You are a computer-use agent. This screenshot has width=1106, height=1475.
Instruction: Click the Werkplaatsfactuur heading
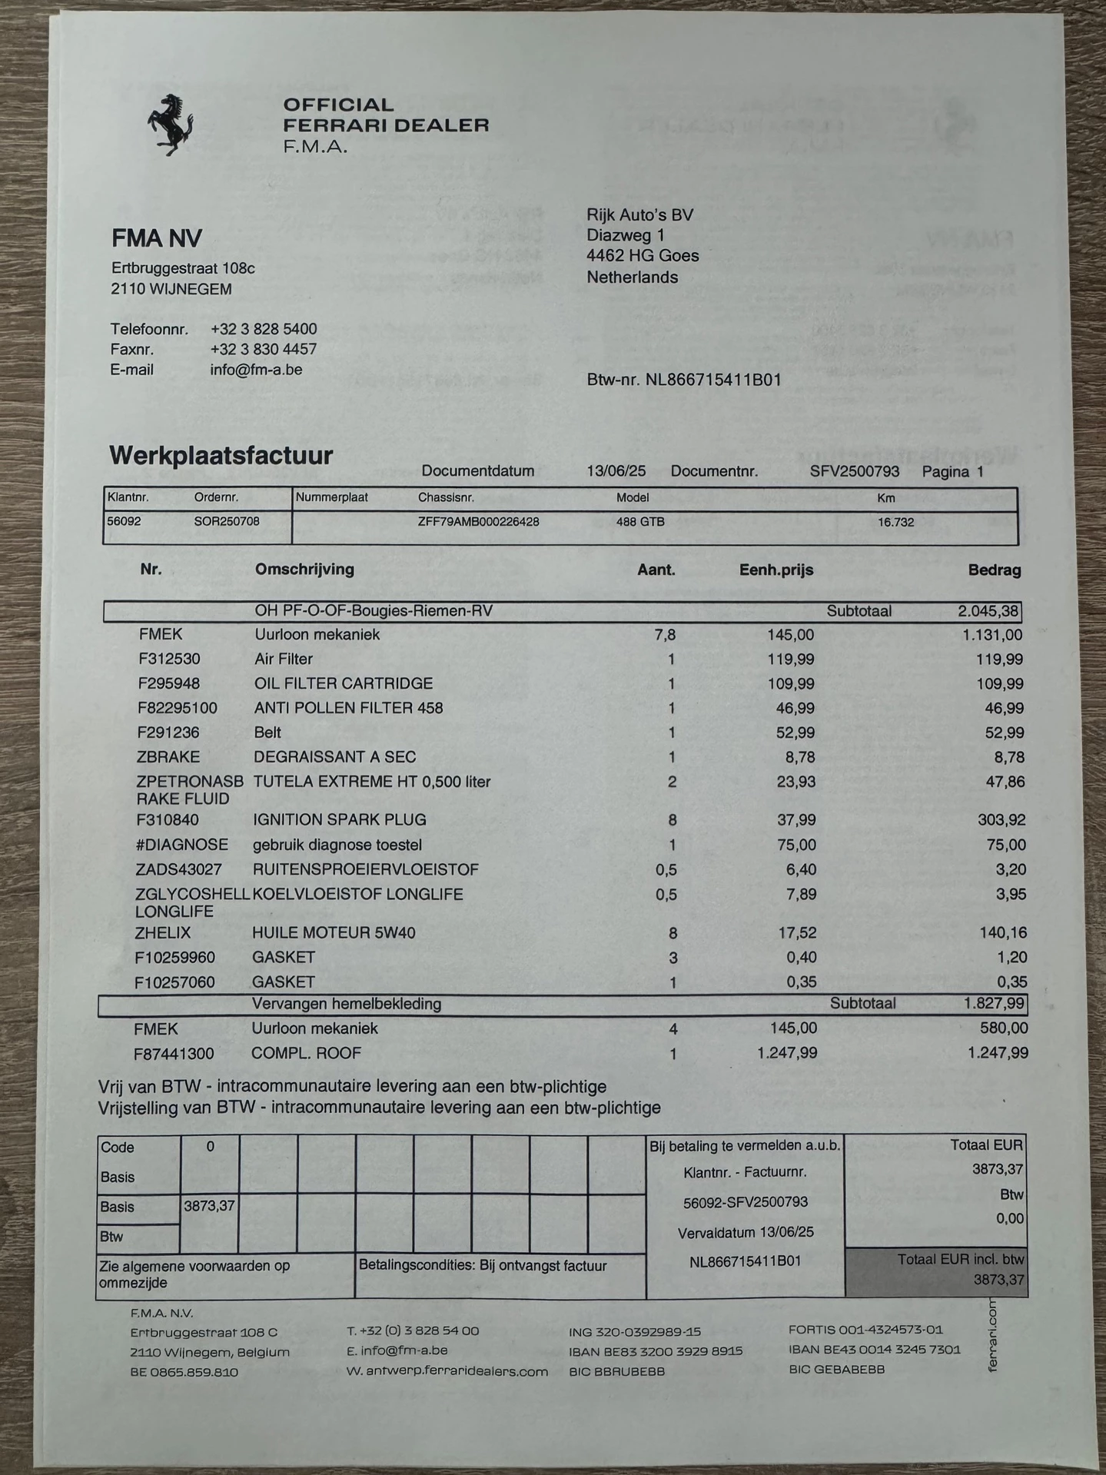pos(221,455)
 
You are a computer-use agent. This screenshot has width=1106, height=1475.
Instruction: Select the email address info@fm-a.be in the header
pos(256,370)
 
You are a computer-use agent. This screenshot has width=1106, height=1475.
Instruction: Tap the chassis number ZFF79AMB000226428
pos(478,522)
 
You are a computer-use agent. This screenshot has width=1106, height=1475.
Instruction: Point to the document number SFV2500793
pos(854,471)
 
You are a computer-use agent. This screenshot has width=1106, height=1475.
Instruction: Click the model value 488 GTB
pos(640,522)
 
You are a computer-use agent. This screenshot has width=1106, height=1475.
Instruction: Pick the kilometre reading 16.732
pos(895,523)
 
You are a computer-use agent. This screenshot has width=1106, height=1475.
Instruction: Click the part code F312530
pos(172,659)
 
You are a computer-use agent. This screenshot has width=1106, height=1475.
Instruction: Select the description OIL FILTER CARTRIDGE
pos(344,683)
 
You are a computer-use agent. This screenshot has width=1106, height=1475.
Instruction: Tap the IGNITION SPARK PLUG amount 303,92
pos(1001,820)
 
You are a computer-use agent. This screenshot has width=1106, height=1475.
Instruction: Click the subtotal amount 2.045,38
pos(988,612)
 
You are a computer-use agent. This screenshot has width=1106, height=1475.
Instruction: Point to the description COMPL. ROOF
pos(306,1053)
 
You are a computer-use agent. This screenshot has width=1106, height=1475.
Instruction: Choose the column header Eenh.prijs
pos(776,570)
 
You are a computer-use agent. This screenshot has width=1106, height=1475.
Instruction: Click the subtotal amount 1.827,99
pos(993,1004)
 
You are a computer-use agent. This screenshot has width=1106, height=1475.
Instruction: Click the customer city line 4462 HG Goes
pos(643,256)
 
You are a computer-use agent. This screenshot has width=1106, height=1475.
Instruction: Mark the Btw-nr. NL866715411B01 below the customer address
pos(683,380)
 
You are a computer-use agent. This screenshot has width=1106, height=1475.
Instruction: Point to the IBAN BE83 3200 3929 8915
pos(656,1351)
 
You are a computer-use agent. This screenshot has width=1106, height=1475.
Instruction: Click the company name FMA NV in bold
pos(157,238)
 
